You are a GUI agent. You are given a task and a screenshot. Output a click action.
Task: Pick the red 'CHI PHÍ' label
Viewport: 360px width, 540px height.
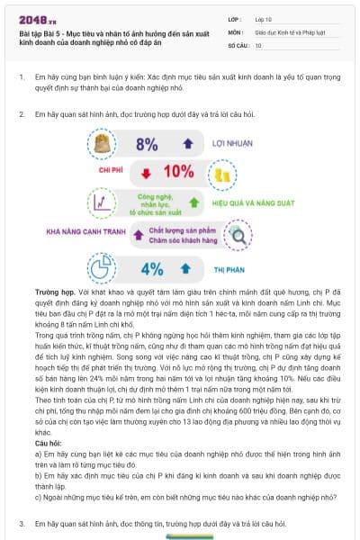(x=112, y=170)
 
